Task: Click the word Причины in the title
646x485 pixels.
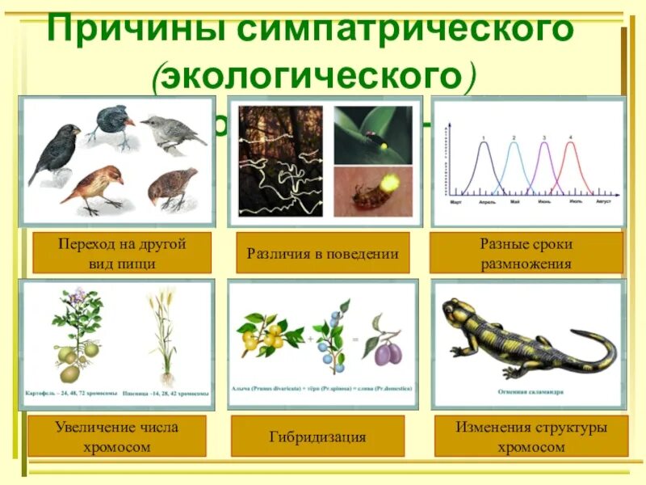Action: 136,31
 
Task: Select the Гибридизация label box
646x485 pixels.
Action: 317,437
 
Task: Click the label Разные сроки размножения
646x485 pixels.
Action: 526,253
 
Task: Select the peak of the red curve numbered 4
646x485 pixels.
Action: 572,144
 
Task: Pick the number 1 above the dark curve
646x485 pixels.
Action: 484,137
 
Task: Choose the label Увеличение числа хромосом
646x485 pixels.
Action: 117,436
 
